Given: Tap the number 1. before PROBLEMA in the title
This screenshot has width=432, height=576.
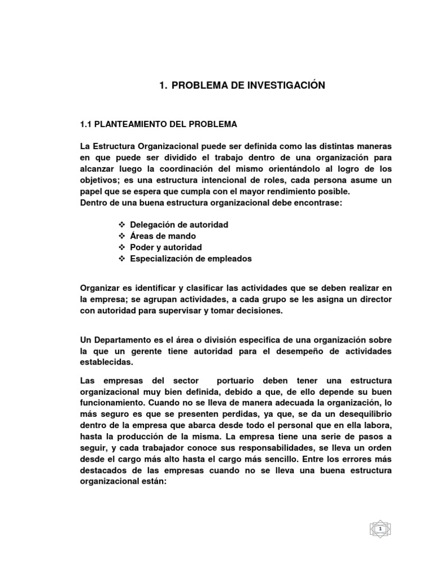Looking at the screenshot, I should click(x=163, y=85).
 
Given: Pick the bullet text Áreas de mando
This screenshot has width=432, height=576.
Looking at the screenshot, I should click(x=163, y=236).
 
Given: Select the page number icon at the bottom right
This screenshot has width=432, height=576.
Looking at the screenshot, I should click(x=380, y=529).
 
